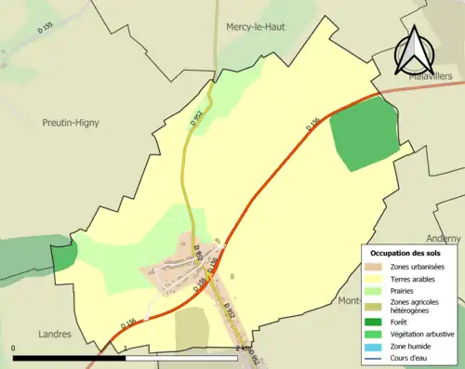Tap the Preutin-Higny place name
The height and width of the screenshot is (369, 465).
[71, 122]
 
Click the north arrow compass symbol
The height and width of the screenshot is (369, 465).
[414, 51]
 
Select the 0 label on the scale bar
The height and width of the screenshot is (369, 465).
[14, 348]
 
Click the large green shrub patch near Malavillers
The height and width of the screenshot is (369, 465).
[358, 134]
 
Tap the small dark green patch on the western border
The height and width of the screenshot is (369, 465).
[63, 256]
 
